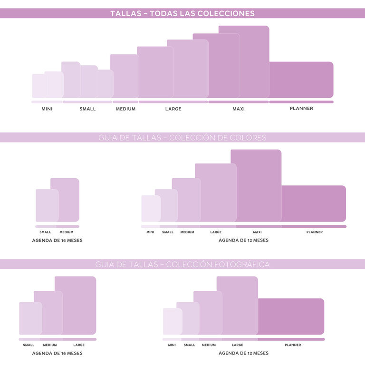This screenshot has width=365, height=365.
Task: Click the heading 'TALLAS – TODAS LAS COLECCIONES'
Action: click(182, 13)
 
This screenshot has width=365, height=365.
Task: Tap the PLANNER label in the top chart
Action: click(301, 108)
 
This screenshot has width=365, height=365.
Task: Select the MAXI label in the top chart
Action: click(239, 109)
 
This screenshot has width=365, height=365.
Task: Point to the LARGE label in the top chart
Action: click(173, 109)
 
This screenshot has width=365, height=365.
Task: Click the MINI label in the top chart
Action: click(47, 109)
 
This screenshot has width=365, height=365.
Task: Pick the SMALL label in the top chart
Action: click(87, 109)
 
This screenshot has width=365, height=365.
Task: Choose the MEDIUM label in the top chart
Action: click(125, 109)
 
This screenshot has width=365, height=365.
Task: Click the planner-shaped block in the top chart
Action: click(301, 80)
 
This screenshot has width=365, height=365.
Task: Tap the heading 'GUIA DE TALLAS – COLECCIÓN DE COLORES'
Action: click(182, 138)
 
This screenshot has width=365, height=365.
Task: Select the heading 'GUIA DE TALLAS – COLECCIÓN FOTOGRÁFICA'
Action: click(182, 264)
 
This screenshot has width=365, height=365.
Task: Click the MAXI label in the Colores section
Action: click(258, 232)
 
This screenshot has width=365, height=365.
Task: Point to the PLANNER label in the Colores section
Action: click(315, 232)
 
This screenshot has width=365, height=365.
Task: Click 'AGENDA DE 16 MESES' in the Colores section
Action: click(57, 240)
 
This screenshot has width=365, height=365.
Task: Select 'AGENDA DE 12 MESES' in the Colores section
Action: click(243, 240)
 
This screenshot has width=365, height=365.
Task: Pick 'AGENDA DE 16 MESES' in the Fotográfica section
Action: click(57, 353)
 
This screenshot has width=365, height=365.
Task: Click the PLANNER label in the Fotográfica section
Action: click(293, 345)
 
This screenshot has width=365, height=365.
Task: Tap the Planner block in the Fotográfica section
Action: click(291, 316)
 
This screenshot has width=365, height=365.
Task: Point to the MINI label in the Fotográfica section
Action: click(172, 345)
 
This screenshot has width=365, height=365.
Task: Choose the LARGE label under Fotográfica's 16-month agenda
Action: click(79, 345)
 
